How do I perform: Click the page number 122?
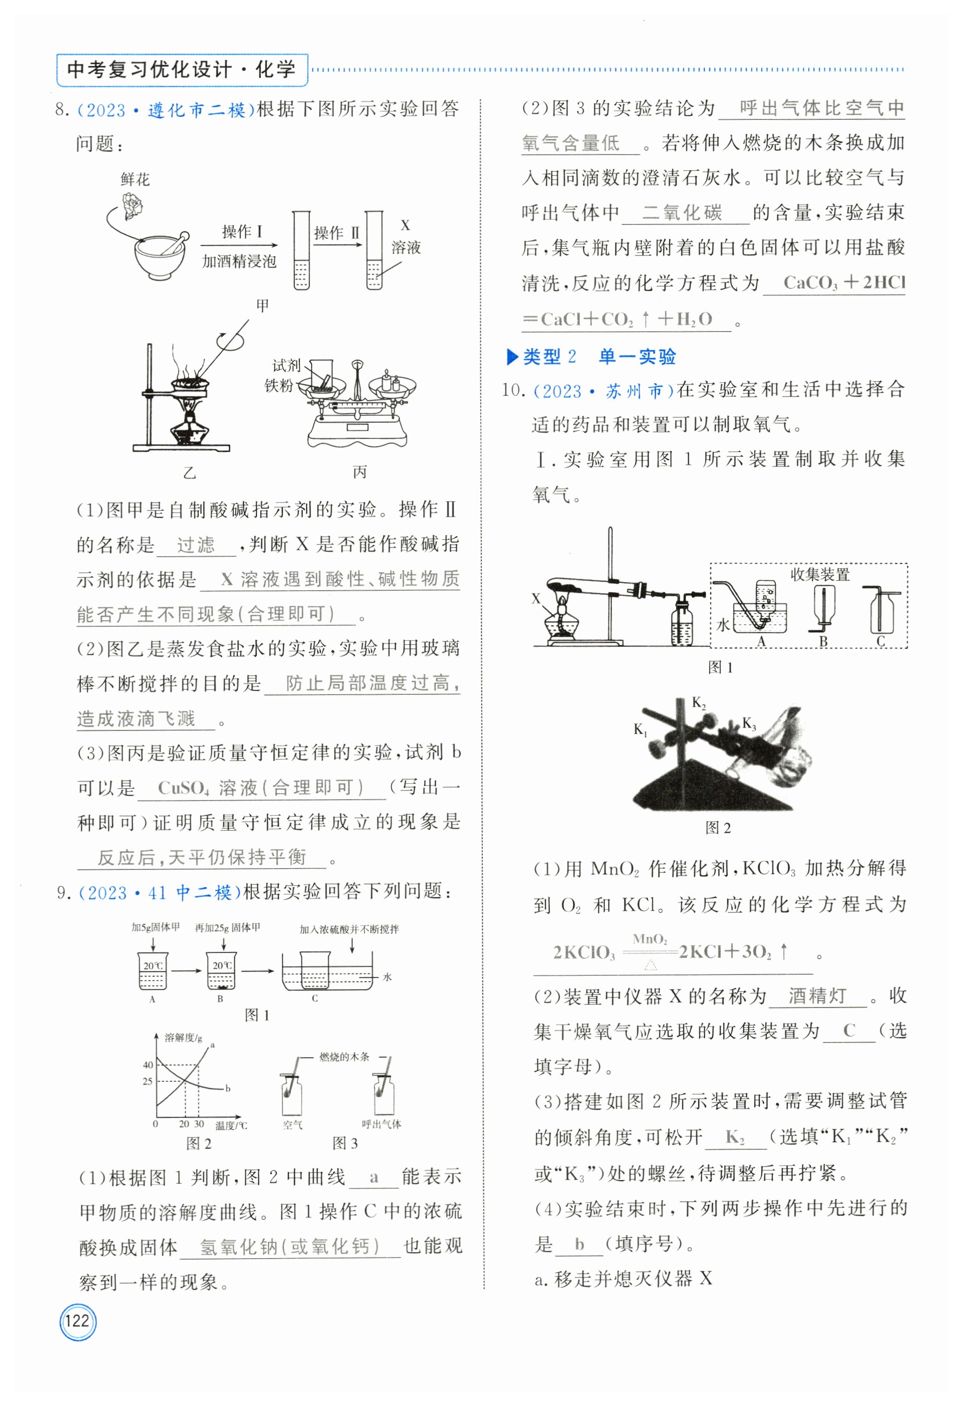[77, 1320]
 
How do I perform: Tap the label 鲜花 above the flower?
[135, 179]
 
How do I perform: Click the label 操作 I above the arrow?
[241, 232]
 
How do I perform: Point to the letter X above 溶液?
[405, 225]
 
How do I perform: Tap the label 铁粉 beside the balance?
[278, 385]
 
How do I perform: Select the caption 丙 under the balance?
[360, 472]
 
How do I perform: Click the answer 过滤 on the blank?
[195, 545]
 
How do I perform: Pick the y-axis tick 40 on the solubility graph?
[147, 1065]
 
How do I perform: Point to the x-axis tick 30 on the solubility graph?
[199, 1124]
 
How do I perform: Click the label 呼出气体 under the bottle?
[381, 1124]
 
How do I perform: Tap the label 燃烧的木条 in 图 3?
[344, 1057]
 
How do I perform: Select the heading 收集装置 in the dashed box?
[820, 574]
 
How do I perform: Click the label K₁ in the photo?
[640, 730]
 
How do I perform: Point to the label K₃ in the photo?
[749, 724]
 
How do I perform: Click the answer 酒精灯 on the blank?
[817, 996]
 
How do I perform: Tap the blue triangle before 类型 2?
[512, 357]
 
